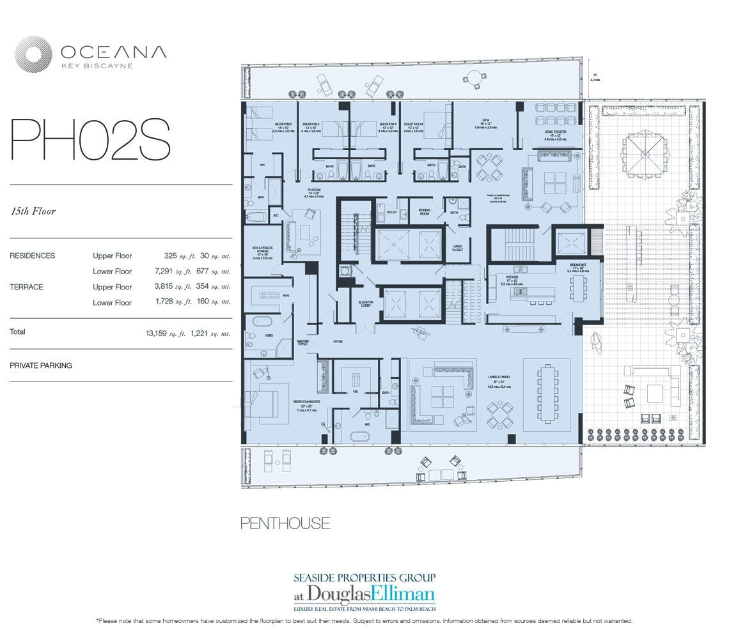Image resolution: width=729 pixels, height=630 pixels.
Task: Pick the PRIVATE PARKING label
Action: coord(41,366)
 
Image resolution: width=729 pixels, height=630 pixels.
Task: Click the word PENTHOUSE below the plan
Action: coord(285,524)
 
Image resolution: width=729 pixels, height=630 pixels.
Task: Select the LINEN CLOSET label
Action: coord(457,248)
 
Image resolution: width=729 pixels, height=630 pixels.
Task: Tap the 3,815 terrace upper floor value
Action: coord(171,288)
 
